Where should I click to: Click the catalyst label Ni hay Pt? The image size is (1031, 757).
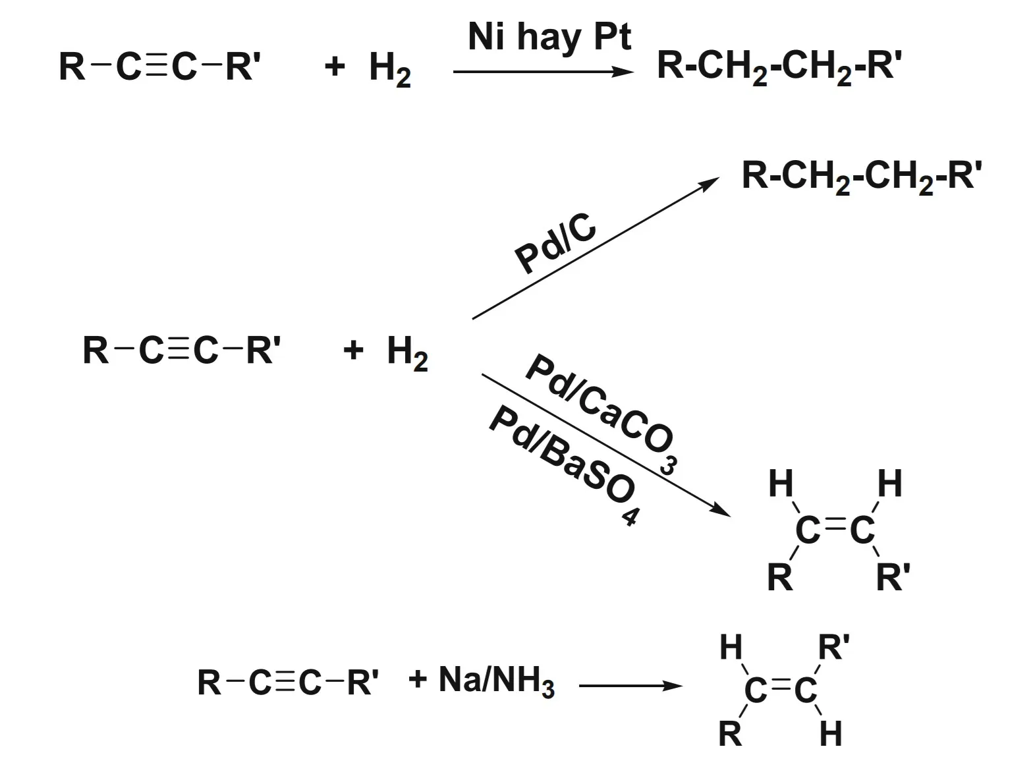click(549, 38)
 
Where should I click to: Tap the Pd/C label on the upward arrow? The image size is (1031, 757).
click(555, 246)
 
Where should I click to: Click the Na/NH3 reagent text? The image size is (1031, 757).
click(496, 680)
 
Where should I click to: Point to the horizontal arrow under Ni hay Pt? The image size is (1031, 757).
click(543, 72)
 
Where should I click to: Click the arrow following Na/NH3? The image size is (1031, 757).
click(630, 686)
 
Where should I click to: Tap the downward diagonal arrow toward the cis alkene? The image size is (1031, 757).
click(606, 445)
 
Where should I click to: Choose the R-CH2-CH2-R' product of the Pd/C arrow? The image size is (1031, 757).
click(862, 177)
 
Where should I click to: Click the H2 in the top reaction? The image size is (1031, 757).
click(389, 69)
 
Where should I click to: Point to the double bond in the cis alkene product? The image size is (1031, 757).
click(835, 526)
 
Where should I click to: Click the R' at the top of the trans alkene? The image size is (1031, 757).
click(833, 647)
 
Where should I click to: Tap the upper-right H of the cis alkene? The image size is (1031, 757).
click(889, 484)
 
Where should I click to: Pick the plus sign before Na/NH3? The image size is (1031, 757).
click(418, 679)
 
